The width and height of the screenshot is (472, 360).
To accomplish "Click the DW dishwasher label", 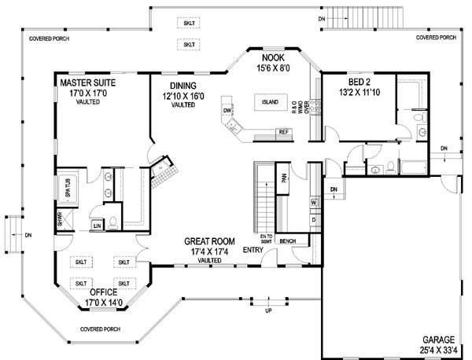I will (227, 112).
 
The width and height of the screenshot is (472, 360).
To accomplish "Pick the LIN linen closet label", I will (97, 226).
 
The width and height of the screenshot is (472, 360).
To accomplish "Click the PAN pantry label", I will (283, 178).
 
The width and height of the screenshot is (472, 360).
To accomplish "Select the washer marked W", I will (313, 203).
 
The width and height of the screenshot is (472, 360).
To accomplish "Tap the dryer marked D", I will (313, 220).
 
